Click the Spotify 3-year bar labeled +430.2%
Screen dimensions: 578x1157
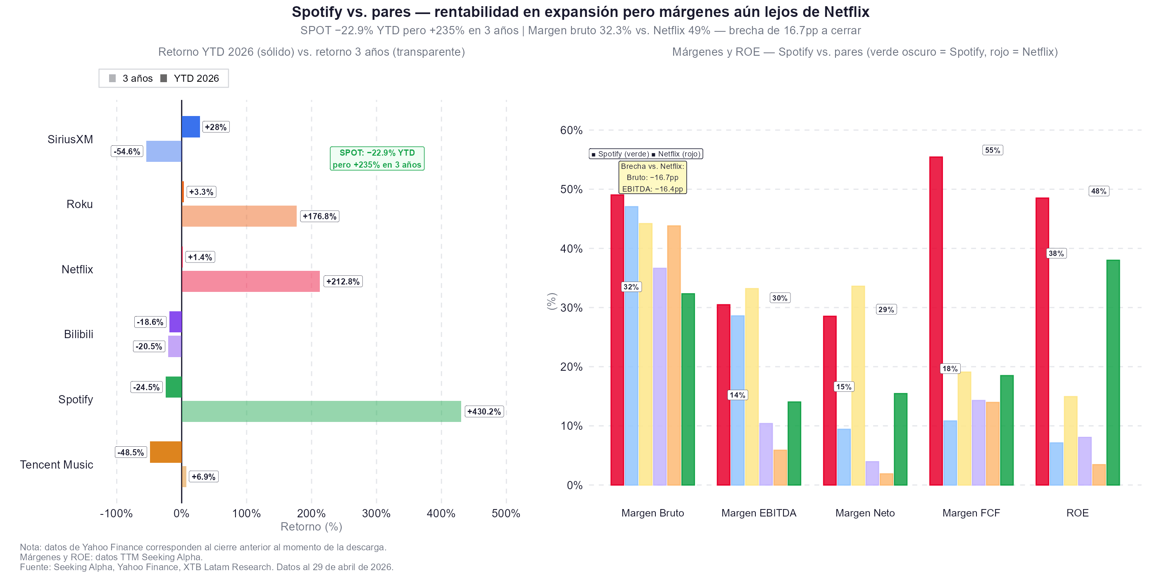point(321,411)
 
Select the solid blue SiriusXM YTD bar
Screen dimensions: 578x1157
point(190,127)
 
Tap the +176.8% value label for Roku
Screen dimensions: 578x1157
point(319,216)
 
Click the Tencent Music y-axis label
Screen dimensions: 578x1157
point(57,464)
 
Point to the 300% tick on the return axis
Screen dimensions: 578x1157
point(376,513)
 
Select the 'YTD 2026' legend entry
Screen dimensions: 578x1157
point(190,78)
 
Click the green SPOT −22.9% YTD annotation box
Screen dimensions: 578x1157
point(377,159)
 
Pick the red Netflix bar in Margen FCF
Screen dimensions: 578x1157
point(936,321)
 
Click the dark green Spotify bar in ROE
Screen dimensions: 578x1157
point(1113,372)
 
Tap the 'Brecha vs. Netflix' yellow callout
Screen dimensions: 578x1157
point(652,178)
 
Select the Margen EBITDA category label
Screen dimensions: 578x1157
point(759,513)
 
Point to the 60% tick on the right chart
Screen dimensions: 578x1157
point(571,130)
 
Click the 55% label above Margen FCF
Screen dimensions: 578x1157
point(993,150)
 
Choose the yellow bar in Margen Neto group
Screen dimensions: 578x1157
point(858,386)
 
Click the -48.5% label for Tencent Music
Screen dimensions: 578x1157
point(131,452)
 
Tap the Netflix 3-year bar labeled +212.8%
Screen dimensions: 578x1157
point(251,282)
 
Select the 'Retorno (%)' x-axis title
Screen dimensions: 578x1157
point(311,526)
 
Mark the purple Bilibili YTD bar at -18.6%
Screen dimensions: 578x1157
point(176,322)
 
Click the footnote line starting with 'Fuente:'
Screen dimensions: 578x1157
point(207,567)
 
